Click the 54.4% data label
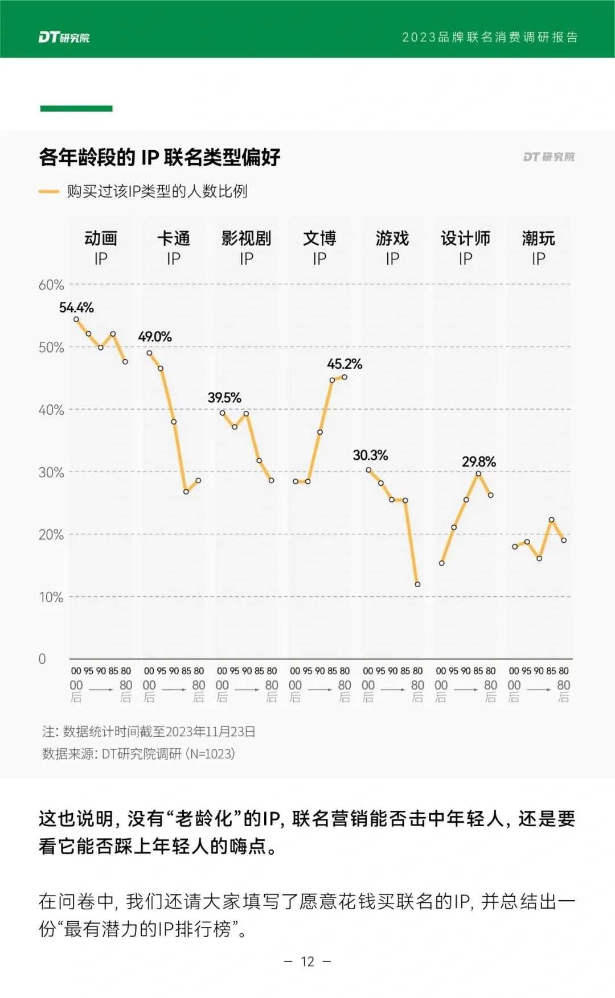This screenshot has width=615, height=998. pos(76,308)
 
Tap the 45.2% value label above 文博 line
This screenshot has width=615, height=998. pos(344,364)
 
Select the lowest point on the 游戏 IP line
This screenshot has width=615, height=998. pos(417,584)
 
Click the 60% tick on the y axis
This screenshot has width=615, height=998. pos(51,285)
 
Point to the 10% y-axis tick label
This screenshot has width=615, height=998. pos(51,597)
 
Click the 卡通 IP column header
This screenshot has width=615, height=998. pos(174,248)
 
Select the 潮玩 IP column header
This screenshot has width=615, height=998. pos(538,248)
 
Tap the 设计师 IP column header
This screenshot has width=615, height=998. pos(465,248)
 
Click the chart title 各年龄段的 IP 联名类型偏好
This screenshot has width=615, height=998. pos(159,157)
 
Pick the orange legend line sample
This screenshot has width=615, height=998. pos(49,192)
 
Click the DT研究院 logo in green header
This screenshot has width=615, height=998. pos(64,38)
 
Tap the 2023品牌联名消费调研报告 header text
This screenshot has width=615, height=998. pos(490,38)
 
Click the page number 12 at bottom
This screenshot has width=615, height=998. pos(307,962)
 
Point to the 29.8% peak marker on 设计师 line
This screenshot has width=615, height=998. pos(478,473)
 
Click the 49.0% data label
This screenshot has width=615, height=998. pos(155,337)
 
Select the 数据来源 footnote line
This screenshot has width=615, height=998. pos(138,754)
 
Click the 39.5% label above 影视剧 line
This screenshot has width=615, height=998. pos(224,398)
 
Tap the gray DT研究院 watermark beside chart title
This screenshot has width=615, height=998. pos(548,157)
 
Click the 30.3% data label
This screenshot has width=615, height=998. pos(370,455)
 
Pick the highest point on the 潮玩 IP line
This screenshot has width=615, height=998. pos(551,519)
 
